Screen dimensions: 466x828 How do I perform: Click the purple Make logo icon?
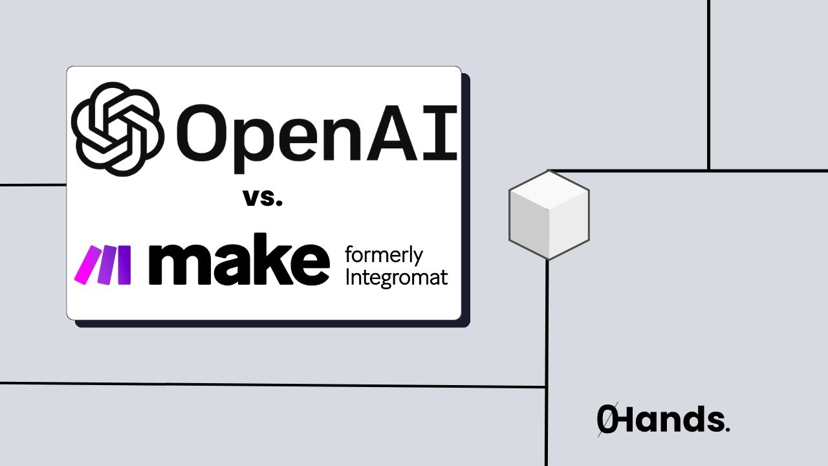pos(103,265)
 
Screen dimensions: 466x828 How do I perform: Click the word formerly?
pos(384,255)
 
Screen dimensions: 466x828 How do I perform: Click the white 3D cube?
pos(549,214)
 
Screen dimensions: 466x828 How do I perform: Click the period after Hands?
pos(728,429)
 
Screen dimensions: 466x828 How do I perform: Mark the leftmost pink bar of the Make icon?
pos(84,265)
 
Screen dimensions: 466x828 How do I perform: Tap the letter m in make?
pos(177,265)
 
